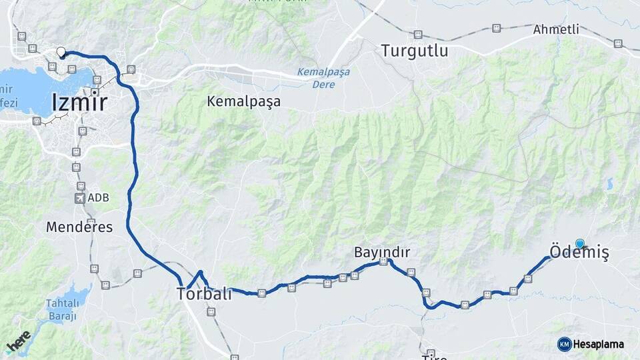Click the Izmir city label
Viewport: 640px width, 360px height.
pos(79,103)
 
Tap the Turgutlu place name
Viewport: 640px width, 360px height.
pos(414,51)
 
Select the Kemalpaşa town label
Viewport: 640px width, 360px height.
pos(243,101)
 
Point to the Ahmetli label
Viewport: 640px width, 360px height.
pos(556,29)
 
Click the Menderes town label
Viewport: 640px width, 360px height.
pos(79,227)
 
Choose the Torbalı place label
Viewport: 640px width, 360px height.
pos(204,293)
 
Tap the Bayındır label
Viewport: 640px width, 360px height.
pos(381,252)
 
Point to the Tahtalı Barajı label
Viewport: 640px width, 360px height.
pos(62,310)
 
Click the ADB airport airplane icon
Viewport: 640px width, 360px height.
pos(81,198)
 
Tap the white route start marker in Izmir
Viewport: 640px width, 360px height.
pos(61,52)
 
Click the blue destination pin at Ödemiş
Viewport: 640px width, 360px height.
pos(580,244)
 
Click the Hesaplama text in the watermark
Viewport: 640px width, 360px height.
pos(599,344)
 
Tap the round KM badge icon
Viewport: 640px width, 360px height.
pos(564,344)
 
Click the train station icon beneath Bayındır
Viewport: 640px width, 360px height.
pos(383,263)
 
